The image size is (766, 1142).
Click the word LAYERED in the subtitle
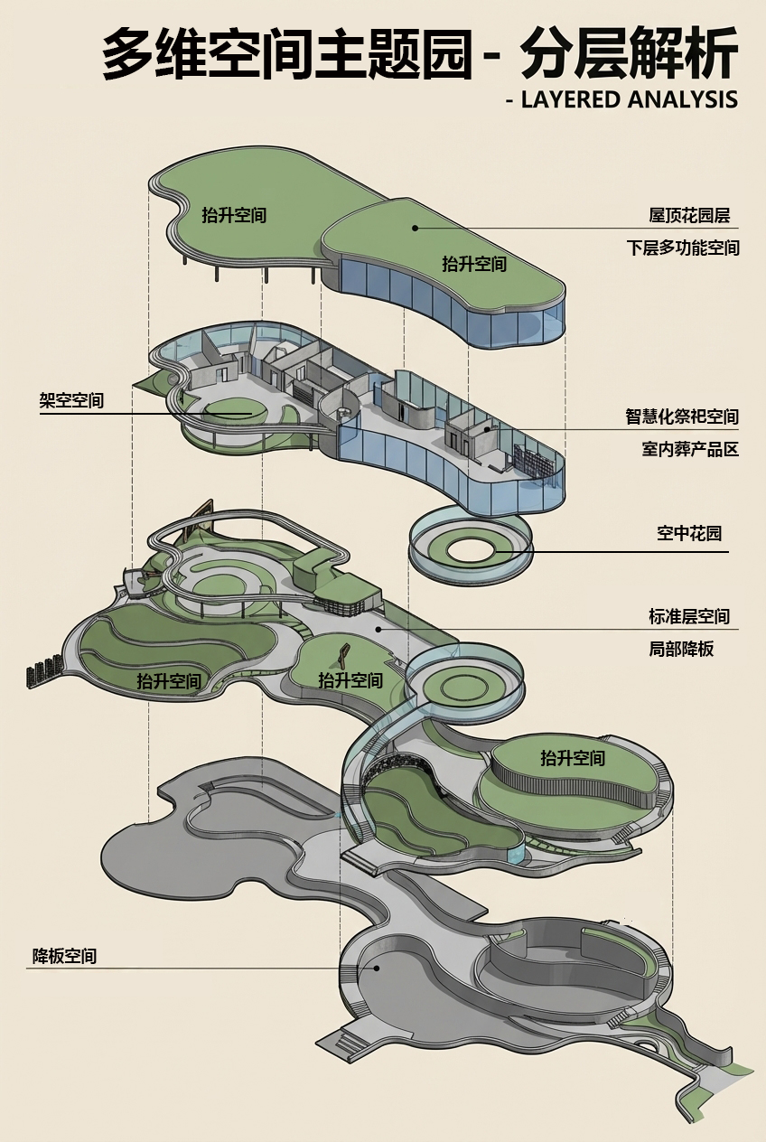[x=569, y=99]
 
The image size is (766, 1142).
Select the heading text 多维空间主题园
[x=287, y=54]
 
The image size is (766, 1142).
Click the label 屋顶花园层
[x=689, y=216]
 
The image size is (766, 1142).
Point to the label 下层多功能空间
[x=683, y=248]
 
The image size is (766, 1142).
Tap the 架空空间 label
[x=71, y=400]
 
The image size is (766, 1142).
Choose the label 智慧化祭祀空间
[x=683, y=417]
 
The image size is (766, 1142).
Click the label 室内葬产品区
[x=690, y=449]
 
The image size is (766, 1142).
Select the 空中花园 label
[x=689, y=534]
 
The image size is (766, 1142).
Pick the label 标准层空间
[x=689, y=617]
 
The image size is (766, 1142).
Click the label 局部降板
[x=681, y=649]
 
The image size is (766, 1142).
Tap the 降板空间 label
[x=64, y=956]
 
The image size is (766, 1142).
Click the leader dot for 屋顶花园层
[x=416, y=228]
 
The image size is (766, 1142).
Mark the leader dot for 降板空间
[x=377, y=968]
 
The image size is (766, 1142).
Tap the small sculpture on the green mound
[x=345, y=652]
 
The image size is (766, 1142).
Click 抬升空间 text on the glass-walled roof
[x=474, y=265]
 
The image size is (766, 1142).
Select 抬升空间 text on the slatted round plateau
[x=573, y=758]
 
